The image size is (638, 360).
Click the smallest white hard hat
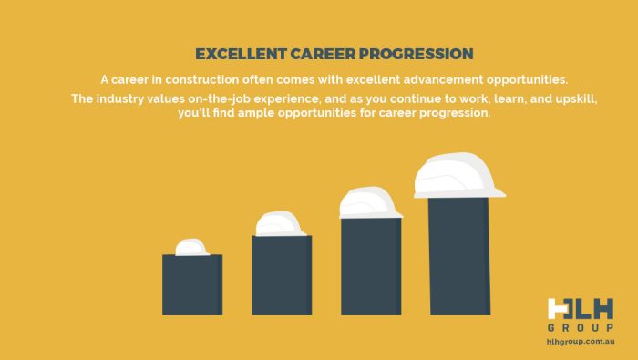pyautogui.click(x=192, y=247)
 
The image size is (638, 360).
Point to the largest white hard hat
pyautogui.click(x=458, y=175)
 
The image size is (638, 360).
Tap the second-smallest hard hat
pyautogui.click(x=281, y=223)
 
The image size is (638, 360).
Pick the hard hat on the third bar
pyautogui.click(x=370, y=202)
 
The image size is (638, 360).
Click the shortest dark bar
pyautogui.click(x=192, y=285)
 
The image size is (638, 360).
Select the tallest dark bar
pyautogui.click(x=458, y=256)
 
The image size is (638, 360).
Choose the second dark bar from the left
pyautogui.click(x=282, y=275)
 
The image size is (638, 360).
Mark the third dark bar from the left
pyautogui.click(x=371, y=266)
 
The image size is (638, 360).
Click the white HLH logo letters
pyautogui.click(x=581, y=309)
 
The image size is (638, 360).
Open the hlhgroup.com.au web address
pyautogui.click(x=581, y=342)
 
